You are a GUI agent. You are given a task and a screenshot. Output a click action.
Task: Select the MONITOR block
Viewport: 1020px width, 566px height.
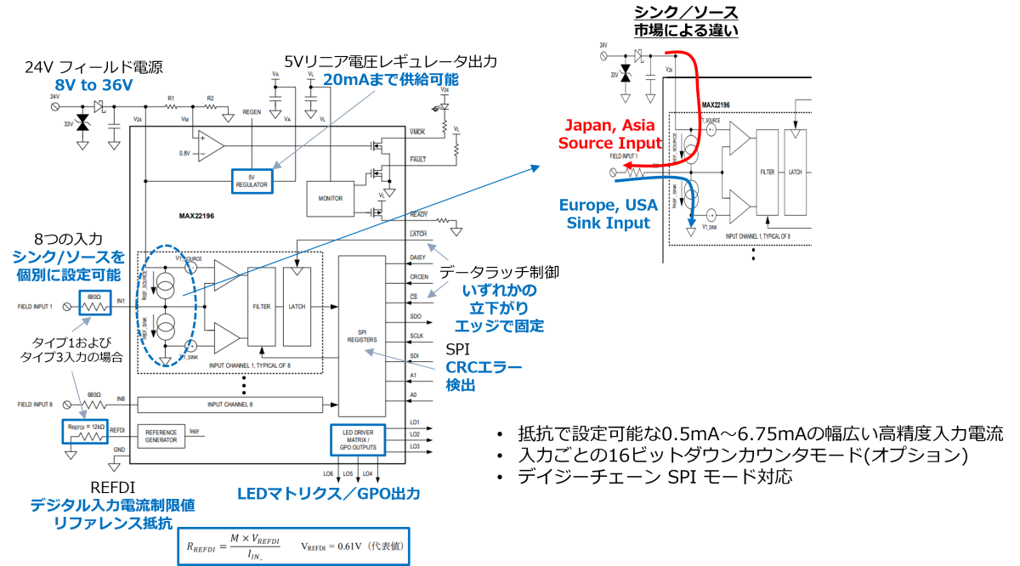point(331,198)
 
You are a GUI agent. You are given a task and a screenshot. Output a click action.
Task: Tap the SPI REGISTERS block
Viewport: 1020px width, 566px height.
point(362,335)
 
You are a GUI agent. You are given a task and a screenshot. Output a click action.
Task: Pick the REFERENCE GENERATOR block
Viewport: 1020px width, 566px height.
point(161,435)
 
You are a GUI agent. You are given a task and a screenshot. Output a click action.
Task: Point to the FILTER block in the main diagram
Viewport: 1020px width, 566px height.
point(261,306)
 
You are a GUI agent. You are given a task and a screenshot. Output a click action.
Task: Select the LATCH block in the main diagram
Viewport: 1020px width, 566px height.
point(297,306)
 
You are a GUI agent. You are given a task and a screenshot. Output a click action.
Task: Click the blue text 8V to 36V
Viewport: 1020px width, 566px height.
point(93,85)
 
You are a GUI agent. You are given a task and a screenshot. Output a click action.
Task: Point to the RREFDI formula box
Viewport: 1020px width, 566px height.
point(293,547)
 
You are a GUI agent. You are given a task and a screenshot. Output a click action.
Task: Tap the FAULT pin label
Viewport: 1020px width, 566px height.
point(418,159)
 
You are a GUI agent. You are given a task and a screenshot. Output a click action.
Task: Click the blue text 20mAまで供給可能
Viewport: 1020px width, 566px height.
point(390,80)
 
